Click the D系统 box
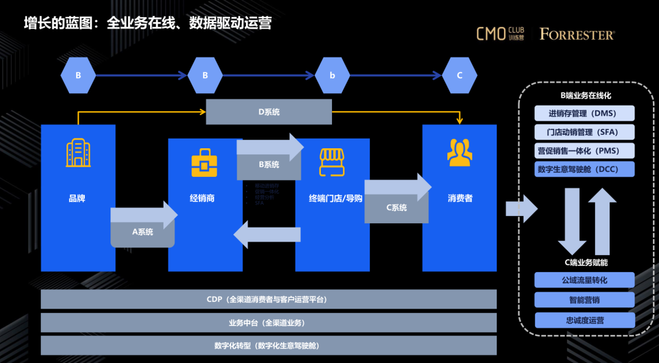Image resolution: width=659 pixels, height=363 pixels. [268, 112]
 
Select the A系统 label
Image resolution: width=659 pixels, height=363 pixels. [143, 232]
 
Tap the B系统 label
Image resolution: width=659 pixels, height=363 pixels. [269, 165]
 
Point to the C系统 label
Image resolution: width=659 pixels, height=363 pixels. [397, 207]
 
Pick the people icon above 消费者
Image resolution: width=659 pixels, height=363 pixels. [459, 153]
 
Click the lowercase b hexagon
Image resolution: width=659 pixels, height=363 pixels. [333, 76]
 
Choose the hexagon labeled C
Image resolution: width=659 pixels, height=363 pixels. [459, 76]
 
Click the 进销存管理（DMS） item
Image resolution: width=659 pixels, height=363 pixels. [585, 113]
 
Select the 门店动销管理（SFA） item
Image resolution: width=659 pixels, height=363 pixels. [585, 132]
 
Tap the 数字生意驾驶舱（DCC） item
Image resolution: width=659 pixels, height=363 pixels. [585, 170]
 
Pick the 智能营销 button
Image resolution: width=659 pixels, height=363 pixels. [585, 300]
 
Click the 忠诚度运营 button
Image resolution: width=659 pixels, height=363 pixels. [585, 320]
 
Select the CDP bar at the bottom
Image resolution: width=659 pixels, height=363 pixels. [268, 300]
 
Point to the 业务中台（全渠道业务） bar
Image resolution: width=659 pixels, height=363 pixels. [268, 323]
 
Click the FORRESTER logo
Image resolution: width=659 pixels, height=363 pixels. [577, 35]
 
